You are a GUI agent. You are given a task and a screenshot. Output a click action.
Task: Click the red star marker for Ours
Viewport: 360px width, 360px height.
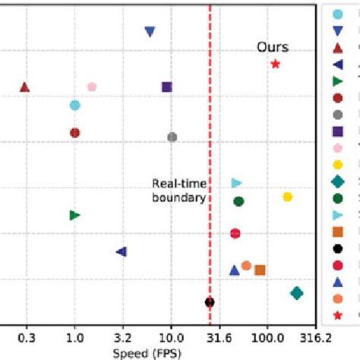[x=276, y=64]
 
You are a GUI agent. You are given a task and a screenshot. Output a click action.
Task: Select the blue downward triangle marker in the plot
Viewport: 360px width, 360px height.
[x=150, y=32]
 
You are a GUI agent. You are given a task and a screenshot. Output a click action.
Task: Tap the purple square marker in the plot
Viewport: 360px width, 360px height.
[x=167, y=87]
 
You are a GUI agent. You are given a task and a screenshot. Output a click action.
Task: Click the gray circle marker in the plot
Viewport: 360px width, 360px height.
[x=172, y=137]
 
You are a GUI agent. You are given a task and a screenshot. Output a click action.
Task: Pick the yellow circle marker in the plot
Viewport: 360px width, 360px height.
[x=287, y=197]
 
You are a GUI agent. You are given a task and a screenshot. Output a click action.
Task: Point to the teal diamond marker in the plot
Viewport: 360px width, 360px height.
[x=297, y=293]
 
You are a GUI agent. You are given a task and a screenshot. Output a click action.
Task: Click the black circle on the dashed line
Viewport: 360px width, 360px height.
[x=210, y=302]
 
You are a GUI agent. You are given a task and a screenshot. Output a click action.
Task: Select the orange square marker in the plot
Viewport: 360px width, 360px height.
[x=260, y=270]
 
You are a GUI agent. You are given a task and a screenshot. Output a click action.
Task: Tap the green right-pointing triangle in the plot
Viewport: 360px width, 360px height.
[x=74, y=215]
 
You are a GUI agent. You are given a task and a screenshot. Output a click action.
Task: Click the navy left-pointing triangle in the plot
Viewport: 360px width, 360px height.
[x=121, y=251]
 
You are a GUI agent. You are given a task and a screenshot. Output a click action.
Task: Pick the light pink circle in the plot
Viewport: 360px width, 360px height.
[x=92, y=87]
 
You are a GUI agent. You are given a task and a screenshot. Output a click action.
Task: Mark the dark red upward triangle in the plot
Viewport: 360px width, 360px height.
[x=24, y=87]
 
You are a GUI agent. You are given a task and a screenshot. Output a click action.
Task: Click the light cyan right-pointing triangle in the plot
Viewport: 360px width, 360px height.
[x=236, y=183]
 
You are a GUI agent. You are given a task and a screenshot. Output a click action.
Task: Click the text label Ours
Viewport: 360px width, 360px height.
[x=272, y=47]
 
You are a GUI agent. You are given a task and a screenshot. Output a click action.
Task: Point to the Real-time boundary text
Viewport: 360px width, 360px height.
[x=178, y=190]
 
